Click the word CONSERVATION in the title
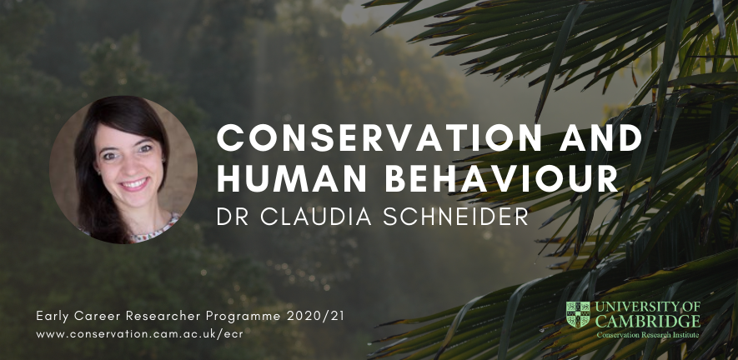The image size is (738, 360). coord(379,137)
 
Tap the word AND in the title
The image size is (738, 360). coord(601,137)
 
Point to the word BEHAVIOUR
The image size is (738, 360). coord(501,179)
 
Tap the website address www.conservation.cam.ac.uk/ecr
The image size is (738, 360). coord(140,334)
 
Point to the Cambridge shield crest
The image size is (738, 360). coord(578,314)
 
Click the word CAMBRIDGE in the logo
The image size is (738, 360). coord(648,322)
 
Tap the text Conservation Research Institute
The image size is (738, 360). coord(648,335)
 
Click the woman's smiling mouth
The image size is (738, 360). coord(134,183)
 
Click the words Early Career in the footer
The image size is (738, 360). coord(78,317)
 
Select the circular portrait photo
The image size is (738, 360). coord(123,170)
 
